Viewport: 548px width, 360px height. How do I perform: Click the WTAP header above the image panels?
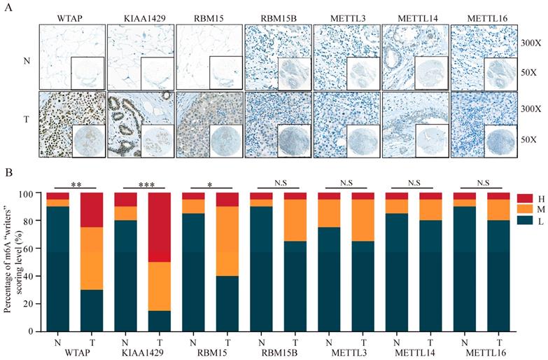71,15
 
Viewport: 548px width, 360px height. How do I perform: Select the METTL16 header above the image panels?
483,15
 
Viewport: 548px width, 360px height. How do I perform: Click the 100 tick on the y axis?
30,193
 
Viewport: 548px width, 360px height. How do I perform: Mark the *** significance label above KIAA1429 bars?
143,184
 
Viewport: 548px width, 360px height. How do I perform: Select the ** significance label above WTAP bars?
76,184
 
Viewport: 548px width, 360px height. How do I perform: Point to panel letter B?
8,170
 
